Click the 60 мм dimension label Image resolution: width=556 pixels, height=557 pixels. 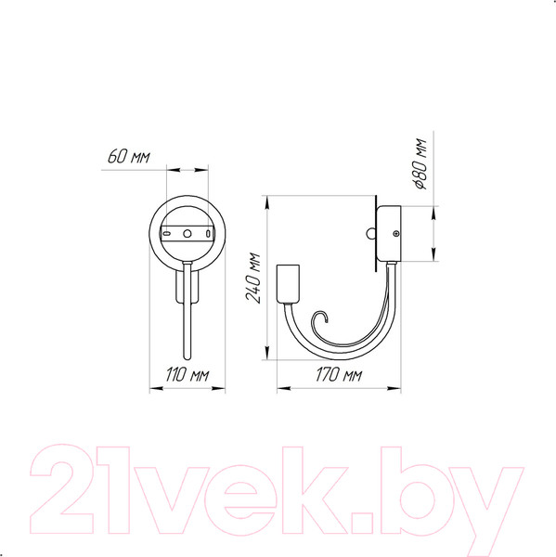(x=128, y=156)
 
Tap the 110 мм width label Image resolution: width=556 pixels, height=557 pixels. (x=187, y=375)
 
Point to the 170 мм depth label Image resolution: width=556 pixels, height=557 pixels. (x=339, y=375)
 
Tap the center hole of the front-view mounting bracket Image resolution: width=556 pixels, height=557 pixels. (x=187, y=233)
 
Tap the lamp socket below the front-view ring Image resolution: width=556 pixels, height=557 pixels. (x=187, y=283)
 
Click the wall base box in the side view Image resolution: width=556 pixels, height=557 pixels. (x=391, y=235)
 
